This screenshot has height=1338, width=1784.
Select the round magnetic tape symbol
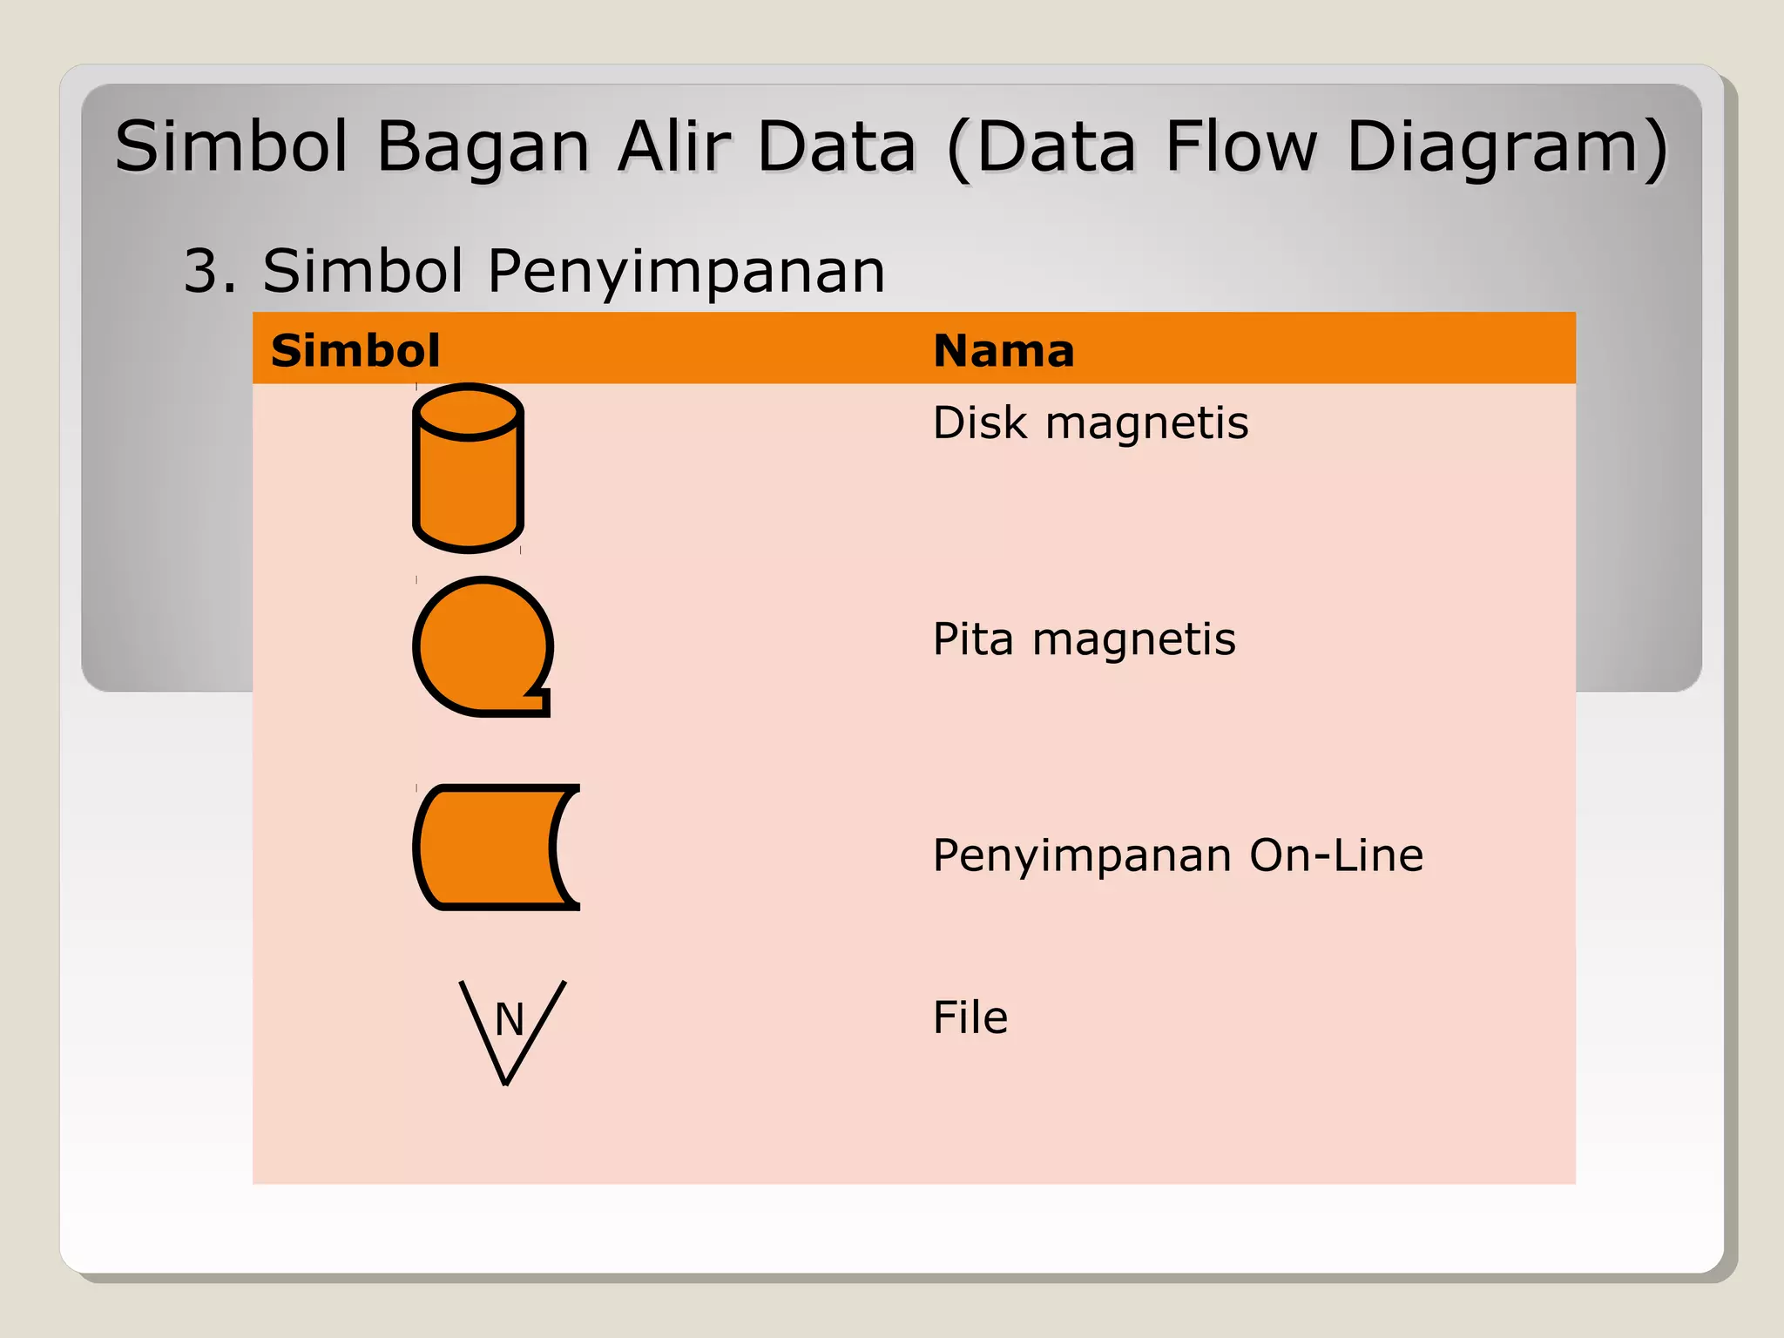click(x=481, y=646)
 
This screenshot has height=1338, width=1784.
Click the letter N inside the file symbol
click(x=510, y=1019)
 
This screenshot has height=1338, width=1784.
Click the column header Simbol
click(x=355, y=351)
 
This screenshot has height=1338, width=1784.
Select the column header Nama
click(x=1003, y=351)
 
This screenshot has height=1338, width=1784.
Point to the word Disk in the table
click(x=980, y=423)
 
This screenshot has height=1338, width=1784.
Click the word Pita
click(x=973, y=639)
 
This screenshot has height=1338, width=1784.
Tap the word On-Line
click(x=1336, y=855)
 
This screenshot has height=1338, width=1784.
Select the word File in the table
click(x=970, y=1017)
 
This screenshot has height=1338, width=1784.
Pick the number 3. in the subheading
click(x=210, y=271)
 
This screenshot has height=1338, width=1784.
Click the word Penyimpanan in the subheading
click(x=686, y=273)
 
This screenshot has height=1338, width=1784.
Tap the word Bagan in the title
click(x=483, y=147)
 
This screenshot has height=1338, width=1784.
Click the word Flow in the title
click(x=1240, y=145)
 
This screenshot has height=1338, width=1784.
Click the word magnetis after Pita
click(x=1133, y=639)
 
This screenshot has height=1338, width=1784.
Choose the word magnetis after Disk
click(x=1146, y=423)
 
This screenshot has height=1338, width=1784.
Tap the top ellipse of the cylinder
click(x=468, y=412)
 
